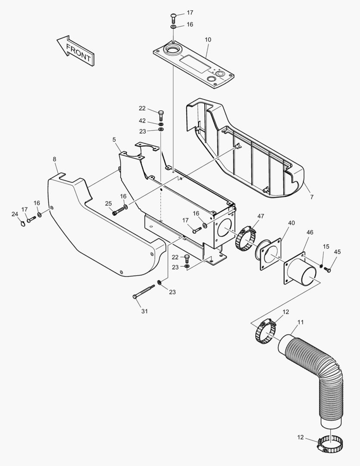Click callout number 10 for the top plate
pos(208,40)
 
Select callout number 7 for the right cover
pos(311,197)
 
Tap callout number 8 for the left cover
pos(54,159)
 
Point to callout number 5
pos(114,139)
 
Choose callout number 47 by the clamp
pos(261,216)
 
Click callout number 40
pos(291,223)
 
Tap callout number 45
pos(337,252)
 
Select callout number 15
pos(326,246)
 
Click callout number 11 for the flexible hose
pos(301,322)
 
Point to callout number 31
pos(144,311)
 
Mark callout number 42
pos(142,121)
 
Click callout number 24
pos(15,214)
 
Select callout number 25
pos(108,203)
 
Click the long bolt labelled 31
pos(144,291)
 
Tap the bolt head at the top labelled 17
pos(173,18)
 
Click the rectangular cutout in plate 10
pos(194,63)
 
